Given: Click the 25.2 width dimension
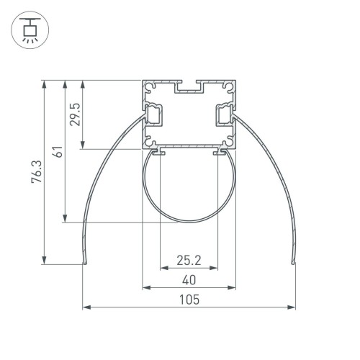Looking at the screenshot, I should click(189, 259).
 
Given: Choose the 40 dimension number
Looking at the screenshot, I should click(189, 279).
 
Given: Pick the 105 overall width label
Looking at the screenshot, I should click(189, 300).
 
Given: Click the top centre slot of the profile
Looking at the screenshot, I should click(189, 89).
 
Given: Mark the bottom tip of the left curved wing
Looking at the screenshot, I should click(84, 264).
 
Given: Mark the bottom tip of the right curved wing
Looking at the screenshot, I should click(294, 264).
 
